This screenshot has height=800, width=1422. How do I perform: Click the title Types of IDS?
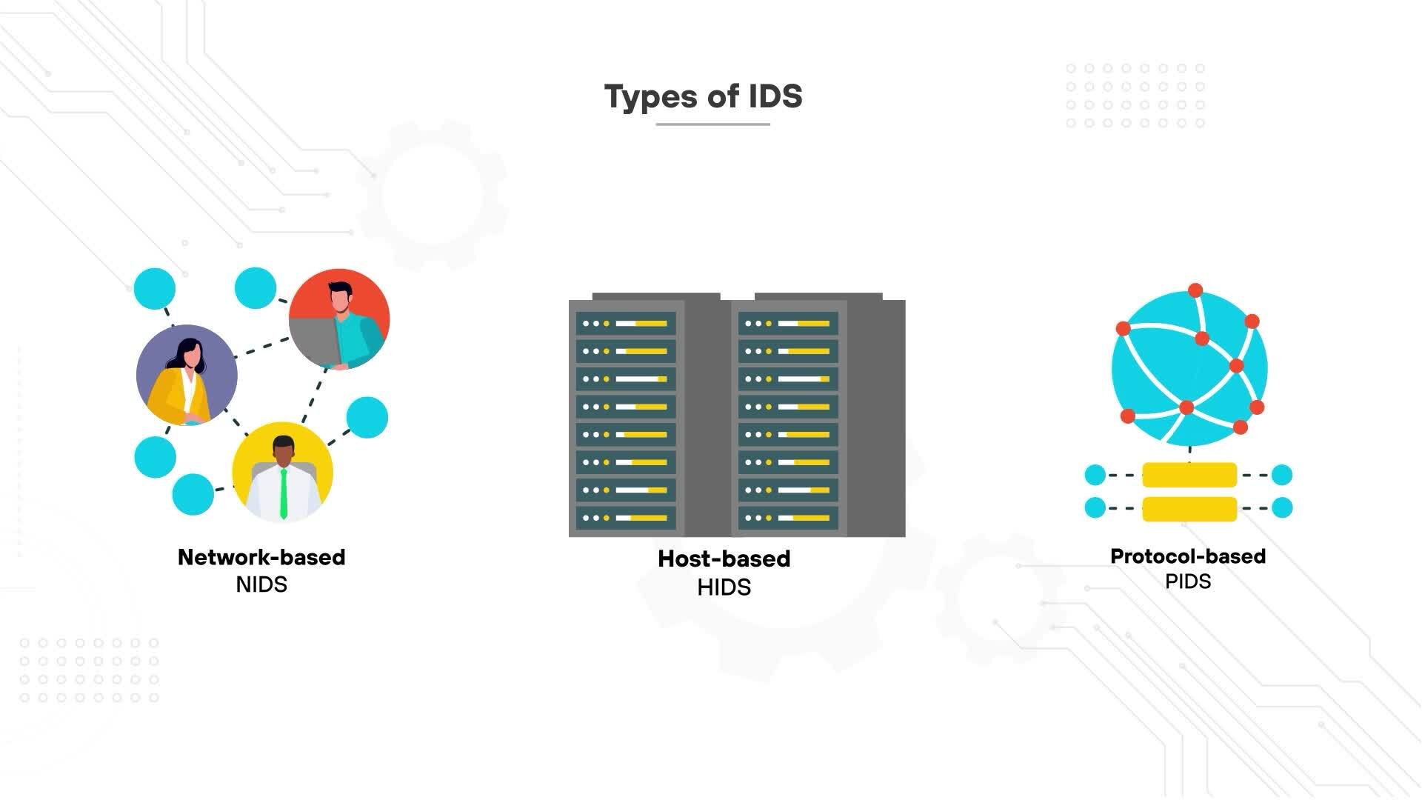[x=703, y=96]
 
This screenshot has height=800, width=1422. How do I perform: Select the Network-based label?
[x=261, y=557]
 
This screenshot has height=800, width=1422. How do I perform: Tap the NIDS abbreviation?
[x=261, y=584]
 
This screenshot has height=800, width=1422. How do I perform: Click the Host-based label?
[x=724, y=559]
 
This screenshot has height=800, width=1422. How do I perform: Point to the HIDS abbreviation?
[x=724, y=587]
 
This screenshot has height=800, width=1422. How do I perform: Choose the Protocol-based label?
[x=1187, y=556]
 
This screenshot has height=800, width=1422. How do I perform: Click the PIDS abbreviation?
[x=1187, y=581]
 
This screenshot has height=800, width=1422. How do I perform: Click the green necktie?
[x=283, y=493]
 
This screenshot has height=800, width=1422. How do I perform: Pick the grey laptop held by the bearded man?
[x=315, y=340]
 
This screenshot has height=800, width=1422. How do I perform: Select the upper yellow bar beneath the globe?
[x=1189, y=475]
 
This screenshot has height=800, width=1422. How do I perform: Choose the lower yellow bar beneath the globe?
[x=1189, y=509]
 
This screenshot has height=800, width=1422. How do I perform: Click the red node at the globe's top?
[x=1195, y=290]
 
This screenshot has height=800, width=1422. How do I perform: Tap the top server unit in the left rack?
[x=626, y=324]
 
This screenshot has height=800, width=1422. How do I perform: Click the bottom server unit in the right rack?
[x=788, y=518]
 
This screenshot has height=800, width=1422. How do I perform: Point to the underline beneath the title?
[x=712, y=124]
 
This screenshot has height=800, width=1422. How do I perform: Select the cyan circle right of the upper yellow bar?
[x=1282, y=475]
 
